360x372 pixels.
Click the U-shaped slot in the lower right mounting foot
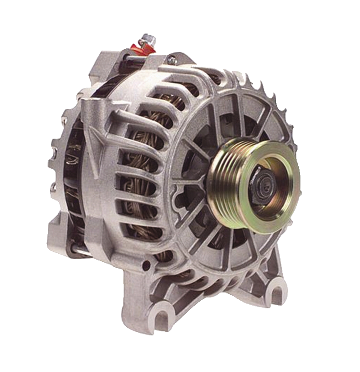[276, 285]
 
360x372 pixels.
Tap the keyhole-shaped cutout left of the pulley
[183, 199]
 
